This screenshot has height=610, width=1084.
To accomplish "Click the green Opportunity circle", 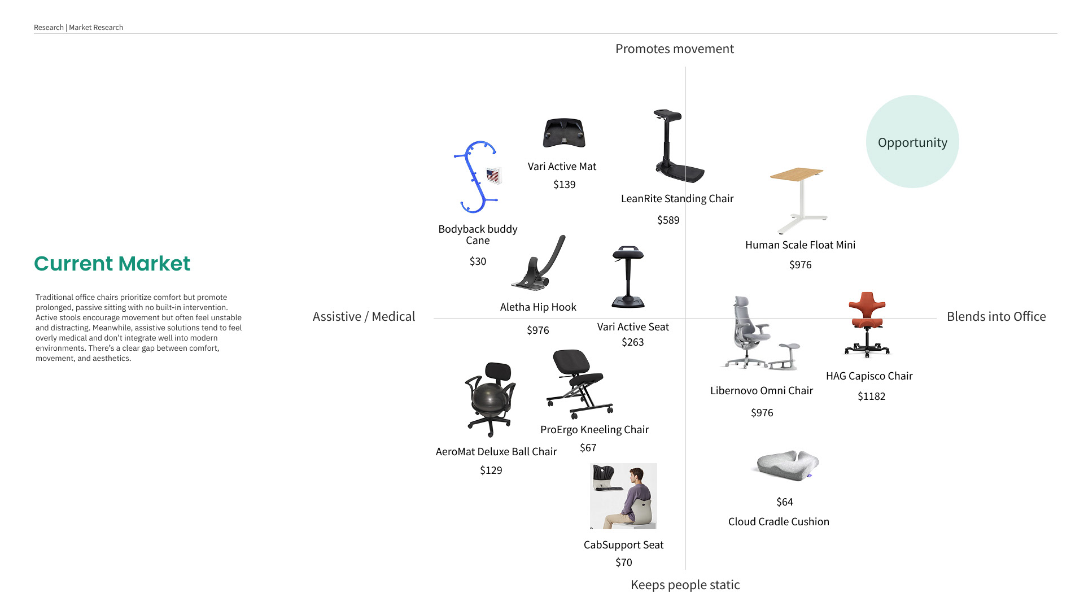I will pyautogui.click(x=912, y=142).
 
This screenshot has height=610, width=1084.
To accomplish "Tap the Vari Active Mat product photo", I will pyautogui.click(x=564, y=133).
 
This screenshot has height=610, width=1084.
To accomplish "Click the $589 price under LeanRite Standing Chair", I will pyautogui.click(x=668, y=220).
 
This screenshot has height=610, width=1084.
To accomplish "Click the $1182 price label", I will pyautogui.click(x=871, y=396).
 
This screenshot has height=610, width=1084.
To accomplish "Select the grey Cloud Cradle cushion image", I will pyautogui.click(x=787, y=465).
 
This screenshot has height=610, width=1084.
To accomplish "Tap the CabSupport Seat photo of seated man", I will pyautogui.click(x=623, y=496).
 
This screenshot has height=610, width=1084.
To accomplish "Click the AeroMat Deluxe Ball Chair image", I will pyautogui.click(x=490, y=399).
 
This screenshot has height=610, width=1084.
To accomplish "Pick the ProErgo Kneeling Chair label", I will pyautogui.click(x=595, y=430).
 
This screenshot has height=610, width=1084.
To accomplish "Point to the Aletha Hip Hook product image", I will pyautogui.click(x=539, y=264).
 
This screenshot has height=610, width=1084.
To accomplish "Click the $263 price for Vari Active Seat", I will pyautogui.click(x=632, y=342).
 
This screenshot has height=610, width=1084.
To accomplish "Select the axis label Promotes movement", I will pyautogui.click(x=674, y=49).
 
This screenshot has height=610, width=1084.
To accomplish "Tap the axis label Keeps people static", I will pyautogui.click(x=685, y=585).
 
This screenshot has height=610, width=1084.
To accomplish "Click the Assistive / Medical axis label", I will pyautogui.click(x=364, y=317).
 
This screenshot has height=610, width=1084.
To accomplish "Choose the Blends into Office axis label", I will pyautogui.click(x=996, y=317).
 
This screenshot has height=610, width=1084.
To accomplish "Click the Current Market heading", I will pyautogui.click(x=112, y=264).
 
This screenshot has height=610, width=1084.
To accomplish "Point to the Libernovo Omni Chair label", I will pyautogui.click(x=761, y=391).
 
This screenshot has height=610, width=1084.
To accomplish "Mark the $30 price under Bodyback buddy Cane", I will pyautogui.click(x=478, y=262).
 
